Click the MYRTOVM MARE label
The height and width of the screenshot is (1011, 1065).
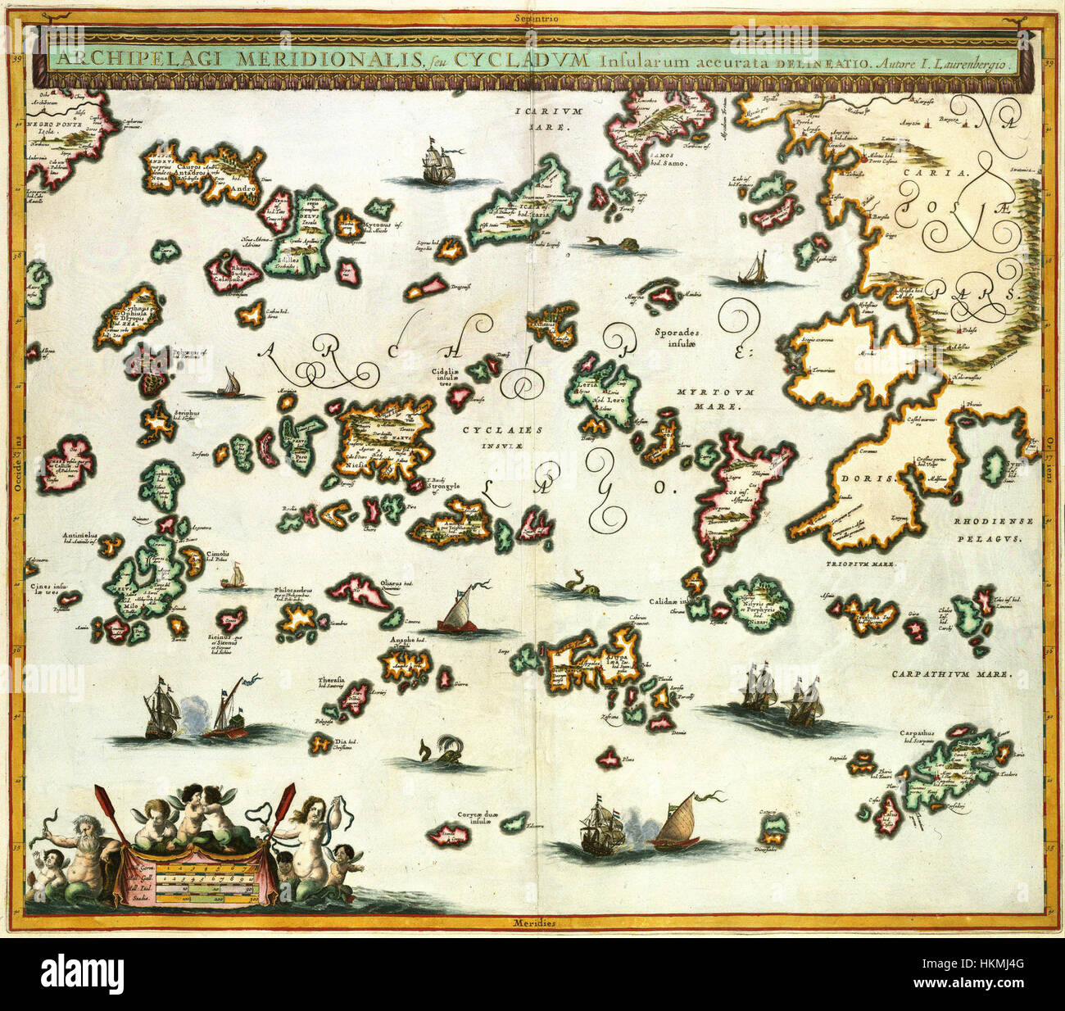coord(709,398)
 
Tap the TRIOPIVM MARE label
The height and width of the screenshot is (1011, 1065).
coord(862,564)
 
